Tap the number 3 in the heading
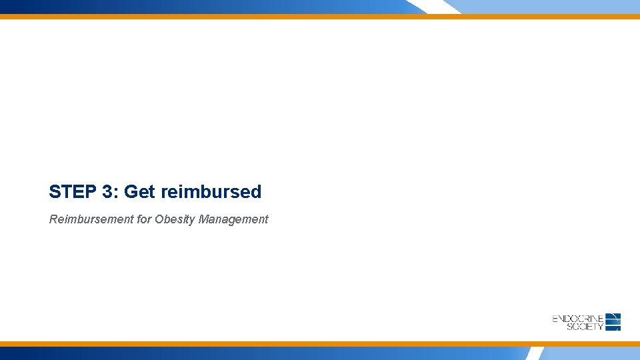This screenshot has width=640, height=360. (x=107, y=192)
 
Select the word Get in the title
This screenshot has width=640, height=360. (x=139, y=192)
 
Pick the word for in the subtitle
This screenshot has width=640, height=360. (x=144, y=219)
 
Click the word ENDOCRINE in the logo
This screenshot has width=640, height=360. (x=577, y=319)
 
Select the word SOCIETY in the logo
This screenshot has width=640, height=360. (x=585, y=327)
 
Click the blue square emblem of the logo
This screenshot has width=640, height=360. (x=613, y=322)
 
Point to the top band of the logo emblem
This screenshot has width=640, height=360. (x=613, y=315)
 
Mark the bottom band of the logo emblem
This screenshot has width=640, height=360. (x=613, y=328)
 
